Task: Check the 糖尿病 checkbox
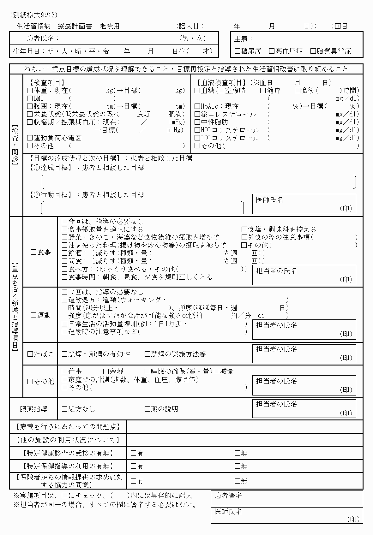coord(238,51)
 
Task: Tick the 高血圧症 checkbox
coord(272,51)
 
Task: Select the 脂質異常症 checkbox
coord(313,51)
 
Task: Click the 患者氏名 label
coord(43,39)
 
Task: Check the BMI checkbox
coord(30,98)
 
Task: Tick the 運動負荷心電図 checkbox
coord(30,138)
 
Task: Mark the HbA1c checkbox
coord(197,106)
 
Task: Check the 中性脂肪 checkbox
coord(197,122)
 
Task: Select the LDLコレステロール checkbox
coord(197,138)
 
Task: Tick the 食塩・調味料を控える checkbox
coord(244,229)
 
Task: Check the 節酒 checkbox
coord(65,253)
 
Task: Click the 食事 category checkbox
coord(34,252)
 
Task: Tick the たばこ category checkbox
coord(30,354)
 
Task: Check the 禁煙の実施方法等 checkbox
coord(147,354)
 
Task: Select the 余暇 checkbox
coord(106,372)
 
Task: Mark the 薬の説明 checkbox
coord(147,409)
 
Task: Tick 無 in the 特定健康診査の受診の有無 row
coord(238,453)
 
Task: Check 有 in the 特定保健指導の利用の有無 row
coord(133,466)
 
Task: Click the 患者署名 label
coord(228,496)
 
